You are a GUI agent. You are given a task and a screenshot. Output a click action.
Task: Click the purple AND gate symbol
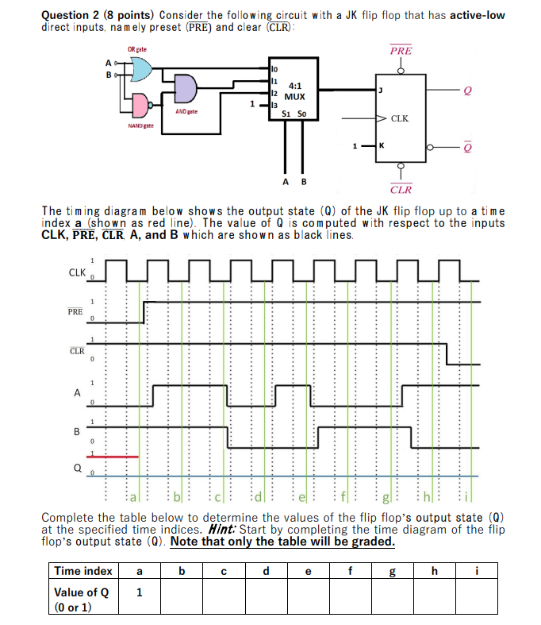click(187, 89)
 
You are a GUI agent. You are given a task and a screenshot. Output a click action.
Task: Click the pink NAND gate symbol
click(140, 105)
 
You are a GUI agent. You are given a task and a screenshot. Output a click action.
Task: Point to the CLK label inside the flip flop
click(400, 119)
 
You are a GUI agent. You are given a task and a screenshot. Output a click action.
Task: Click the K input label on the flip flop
click(382, 145)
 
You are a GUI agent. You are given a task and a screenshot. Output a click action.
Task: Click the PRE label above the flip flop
click(401, 51)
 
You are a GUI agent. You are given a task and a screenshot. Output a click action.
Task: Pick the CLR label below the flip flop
click(401, 190)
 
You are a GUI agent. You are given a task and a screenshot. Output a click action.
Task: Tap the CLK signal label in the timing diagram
click(76, 272)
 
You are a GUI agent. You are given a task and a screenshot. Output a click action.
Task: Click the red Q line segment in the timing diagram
click(117, 457)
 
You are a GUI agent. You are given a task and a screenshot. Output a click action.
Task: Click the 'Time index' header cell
click(83, 570)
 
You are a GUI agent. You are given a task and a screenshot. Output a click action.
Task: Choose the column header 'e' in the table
click(308, 570)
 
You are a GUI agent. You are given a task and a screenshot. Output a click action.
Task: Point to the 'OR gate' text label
click(136, 51)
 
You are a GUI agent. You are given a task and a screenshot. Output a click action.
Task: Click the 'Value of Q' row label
click(82, 592)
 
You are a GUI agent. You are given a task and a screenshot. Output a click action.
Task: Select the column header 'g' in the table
click(392, 570)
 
